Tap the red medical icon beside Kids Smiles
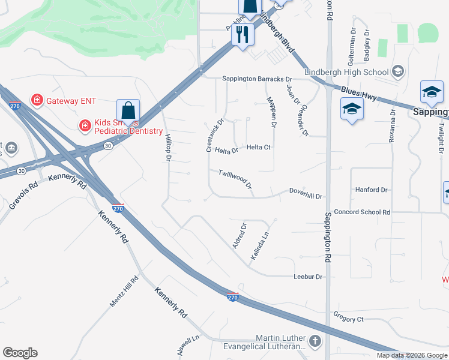tap(85, 125)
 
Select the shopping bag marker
tap(128, 112)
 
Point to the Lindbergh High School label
tap(346, 72)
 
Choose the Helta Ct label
tap(259, 147)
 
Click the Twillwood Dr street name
tap(235, 178)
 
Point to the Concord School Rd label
tap(362, 212)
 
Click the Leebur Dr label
tap(309, 277)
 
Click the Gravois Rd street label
tap(23, 196)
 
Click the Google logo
tap(20, 353)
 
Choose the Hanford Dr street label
tap(372, 190)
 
